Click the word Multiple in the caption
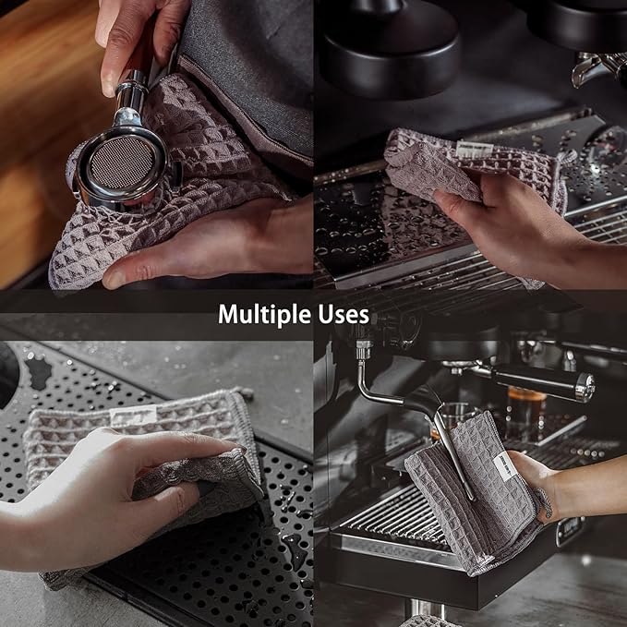[264, 314]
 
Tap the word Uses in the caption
[344, 314]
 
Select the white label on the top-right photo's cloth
[475, 150]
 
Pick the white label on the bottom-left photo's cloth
[133, 416]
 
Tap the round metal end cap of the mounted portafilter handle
[585, 386]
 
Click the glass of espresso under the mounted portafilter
[525, 412]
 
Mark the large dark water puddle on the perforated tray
[39, 372]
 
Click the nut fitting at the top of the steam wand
[363, 352]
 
